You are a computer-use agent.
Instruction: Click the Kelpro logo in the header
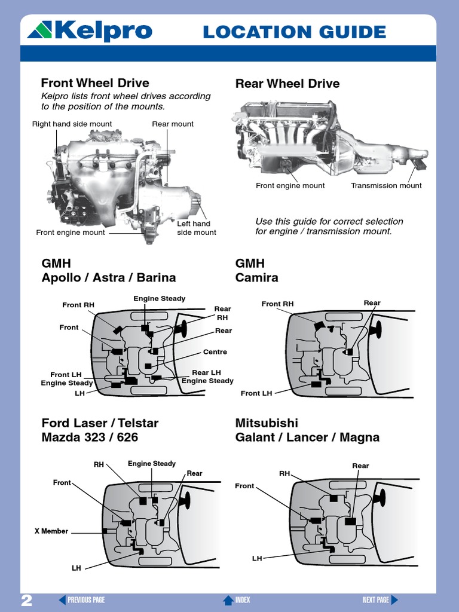click(x=90, y=31)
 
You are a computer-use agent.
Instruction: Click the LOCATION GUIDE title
click(x=294, y=32)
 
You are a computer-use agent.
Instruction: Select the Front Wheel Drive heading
click(x=95, y=82)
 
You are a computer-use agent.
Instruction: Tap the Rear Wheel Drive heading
click(x=287, y=84)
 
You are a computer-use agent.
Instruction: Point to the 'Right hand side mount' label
click(x=72, y=124)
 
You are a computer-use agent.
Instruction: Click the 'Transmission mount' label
click(x=386, y=186)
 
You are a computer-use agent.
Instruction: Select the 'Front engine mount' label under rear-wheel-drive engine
click(x=290, y=186)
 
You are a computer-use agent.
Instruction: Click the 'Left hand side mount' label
click(x=197, y=228)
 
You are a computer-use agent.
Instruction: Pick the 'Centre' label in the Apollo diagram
click(x=215, y=352)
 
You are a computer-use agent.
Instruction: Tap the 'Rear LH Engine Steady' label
click(x=207, y=377)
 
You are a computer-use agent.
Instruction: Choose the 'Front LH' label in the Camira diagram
click(x=256, y=393)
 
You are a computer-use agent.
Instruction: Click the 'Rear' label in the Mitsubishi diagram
click(x=360, y=466)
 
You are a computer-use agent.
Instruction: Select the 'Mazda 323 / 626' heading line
click(x=90, y=437)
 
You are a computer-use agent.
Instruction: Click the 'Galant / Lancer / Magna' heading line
click(x=307, y=437)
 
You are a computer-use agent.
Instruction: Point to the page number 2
click(x=27, y=600)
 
